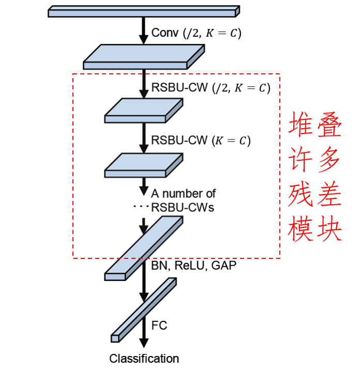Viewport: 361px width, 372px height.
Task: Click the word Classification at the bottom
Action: tap(144, 359)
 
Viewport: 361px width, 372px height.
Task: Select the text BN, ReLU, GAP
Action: tap(190, 266)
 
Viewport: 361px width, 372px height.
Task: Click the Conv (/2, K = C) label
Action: tap(196, 33)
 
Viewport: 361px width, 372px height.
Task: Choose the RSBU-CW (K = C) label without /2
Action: tap(201, 141)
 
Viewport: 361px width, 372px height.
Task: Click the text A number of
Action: tap(183, 194)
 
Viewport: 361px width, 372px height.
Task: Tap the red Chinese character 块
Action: tap(329, 230)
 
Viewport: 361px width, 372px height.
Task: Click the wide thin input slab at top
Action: tap(144, 11)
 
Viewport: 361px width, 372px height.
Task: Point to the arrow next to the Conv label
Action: tap(144, 31)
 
